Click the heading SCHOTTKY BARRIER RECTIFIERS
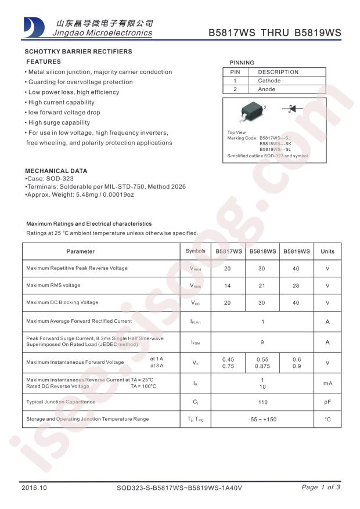[78, 52]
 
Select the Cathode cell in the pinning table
[269, 81]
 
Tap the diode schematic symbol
[291, 109]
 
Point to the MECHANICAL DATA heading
[56, 171]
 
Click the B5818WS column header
[262, 251]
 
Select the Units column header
[327, 251]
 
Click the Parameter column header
[80, 251]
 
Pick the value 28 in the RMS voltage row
[296, 286]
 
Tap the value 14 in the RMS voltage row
[227, 286]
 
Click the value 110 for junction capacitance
[262, 402]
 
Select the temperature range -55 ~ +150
[262, 419]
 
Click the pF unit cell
[327, 402]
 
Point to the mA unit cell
[327, 383]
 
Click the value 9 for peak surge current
[262, 342]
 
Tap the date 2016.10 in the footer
[34, 488]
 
